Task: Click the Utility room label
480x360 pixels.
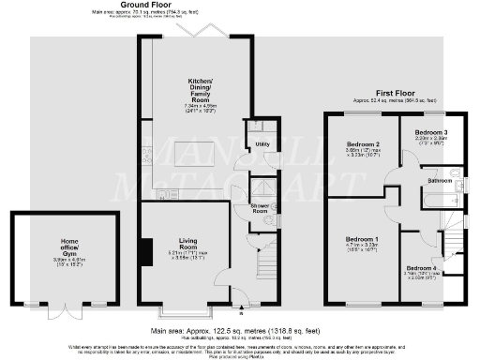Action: click(262, 144)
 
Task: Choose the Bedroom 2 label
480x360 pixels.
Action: click(363, 143)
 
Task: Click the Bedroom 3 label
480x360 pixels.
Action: click(431, 132)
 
